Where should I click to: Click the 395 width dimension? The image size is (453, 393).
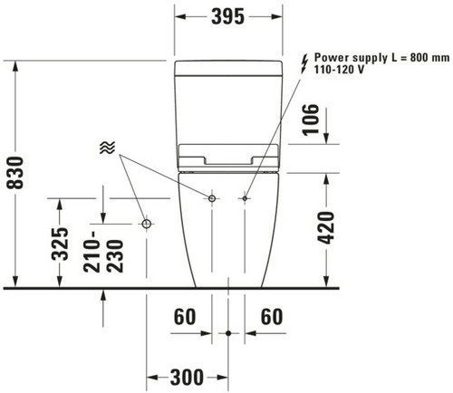[x=227, y=16]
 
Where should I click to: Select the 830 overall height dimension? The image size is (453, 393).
[x=15, y=173]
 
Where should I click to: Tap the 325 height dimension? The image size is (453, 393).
[x=60, y=244]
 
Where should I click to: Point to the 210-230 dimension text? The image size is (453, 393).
[x=104, y=252]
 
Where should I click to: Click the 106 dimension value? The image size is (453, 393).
[x=311, y=120]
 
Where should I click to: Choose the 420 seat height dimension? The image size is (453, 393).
[x=326, y=228]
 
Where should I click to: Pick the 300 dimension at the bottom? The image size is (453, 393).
[x=188, y=378]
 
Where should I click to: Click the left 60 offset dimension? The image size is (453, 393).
[x=185, y=317]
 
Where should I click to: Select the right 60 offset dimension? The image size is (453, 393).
[x=272, y=317]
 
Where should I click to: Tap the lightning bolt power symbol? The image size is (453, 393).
[x=304, y=63]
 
